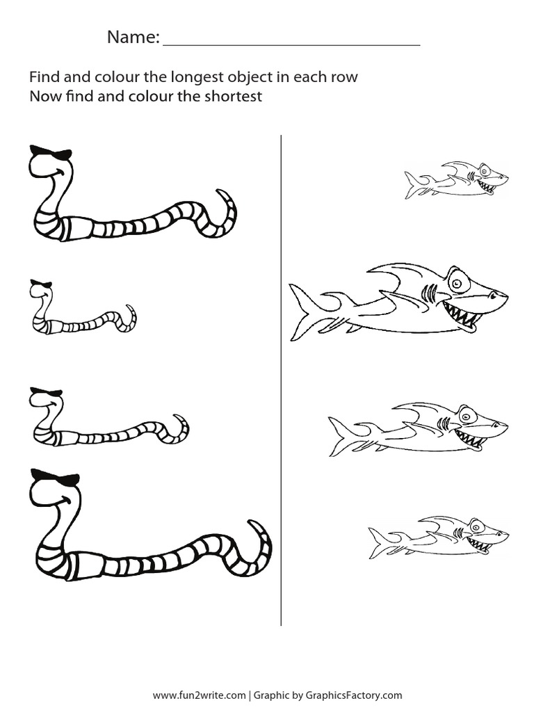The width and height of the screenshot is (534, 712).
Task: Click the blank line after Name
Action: pos(291,45)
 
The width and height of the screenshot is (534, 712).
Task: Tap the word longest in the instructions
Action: pos(199,78)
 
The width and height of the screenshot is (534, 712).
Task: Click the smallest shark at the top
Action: pos(457,179)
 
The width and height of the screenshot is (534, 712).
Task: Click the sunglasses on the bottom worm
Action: pos(54,477)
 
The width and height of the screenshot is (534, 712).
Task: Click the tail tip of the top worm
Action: pos(218,191)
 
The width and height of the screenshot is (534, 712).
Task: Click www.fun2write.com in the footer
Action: pos(200,695)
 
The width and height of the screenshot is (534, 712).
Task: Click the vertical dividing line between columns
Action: pos(281,380)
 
